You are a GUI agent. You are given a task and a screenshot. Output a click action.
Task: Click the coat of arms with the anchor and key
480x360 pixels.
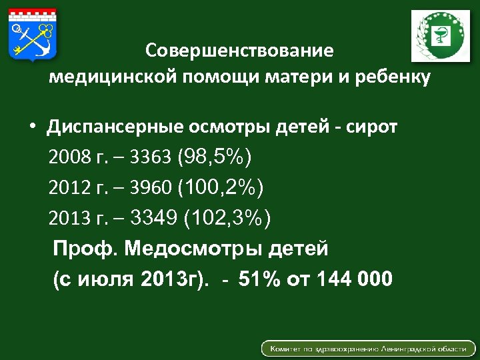click(33, 34)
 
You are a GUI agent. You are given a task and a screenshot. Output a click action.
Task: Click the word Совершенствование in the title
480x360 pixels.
click(239, 51)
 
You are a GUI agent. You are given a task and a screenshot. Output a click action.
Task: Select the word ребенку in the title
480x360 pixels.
click(396, 77)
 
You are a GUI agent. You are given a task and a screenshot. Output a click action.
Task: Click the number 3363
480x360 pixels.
click(151, 158)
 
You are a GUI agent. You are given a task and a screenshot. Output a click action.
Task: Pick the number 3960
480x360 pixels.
click(151, 189)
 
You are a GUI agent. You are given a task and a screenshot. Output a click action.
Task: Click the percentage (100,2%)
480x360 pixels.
click(221, 188)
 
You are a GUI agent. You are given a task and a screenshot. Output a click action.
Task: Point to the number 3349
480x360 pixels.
click(155, 218)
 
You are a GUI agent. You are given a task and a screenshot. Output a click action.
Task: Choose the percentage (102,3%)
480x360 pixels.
click(227, 218)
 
